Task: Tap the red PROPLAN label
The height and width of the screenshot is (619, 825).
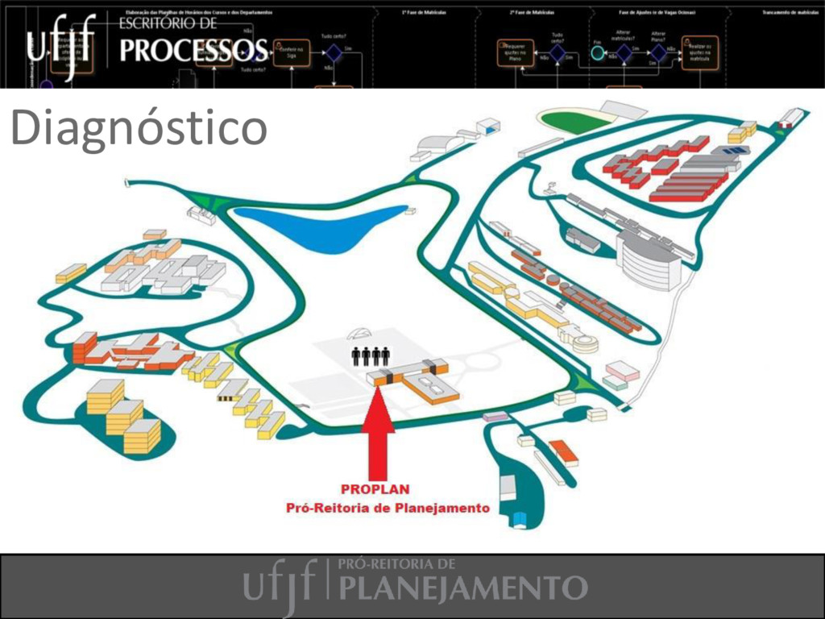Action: click(x=375, y=489)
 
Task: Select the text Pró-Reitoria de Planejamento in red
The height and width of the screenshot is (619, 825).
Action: click(x=388, y=508)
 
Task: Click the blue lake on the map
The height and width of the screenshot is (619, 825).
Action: click(x=322, y=226)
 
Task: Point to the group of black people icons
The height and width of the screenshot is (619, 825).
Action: click(x=371, y=355)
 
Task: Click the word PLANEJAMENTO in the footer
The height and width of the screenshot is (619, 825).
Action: click(x=462, y=588)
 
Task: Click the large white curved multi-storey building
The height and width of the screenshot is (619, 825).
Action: click(x=645, y=258)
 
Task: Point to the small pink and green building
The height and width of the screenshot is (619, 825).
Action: click(x=621, y=375)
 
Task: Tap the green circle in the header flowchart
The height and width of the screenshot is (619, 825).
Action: click(x=597, y=53)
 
